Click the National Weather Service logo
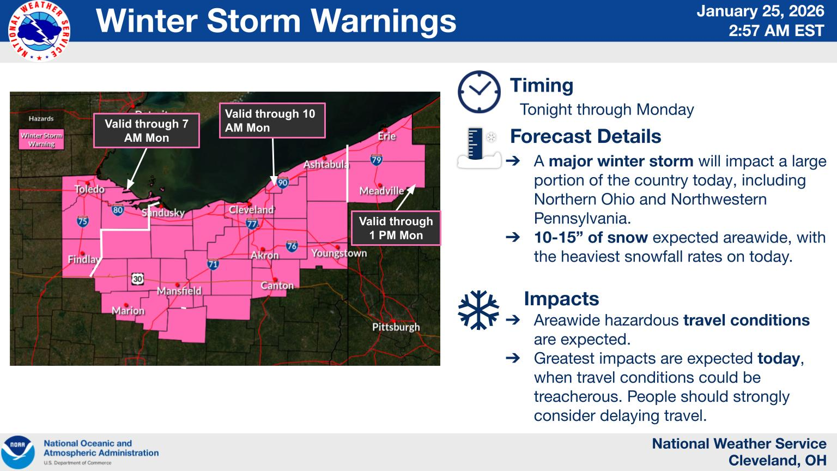pyautogui.click(x=39, y=31)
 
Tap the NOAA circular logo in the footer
pyautogui.click(x=18, y=452)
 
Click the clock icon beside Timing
pyautogui.click(x=479, y=92)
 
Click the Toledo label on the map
pyautogui.click(x=89, y=189)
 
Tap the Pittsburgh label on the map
pyautogui.click(x=396, y=327)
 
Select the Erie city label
pyautogui.click(x=386, y=136)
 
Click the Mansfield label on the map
pyautogui.click(x=179, y=291)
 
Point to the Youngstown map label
pyautogui.click(x=339, y=253)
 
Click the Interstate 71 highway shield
pyautogui.click(x=213, y=265)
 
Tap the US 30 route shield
pyautogui.click(x=137, y=279)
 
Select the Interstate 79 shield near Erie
pyautogui.click(x=376, y=160)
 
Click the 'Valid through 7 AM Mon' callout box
pyautogui.click(x=147, y=131)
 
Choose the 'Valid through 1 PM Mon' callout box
pyautogui.click(x=396, y=228)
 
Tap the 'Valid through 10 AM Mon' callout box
pyautogui.click(x=272, y=120)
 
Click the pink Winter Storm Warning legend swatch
pyautogui.click(x=41, y=140)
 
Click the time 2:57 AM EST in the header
pyautogui.click(x=776, y=31)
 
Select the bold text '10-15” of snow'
pyautogui.click(x=591, y=238)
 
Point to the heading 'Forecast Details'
pyautogui.click(x=585, y=136)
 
